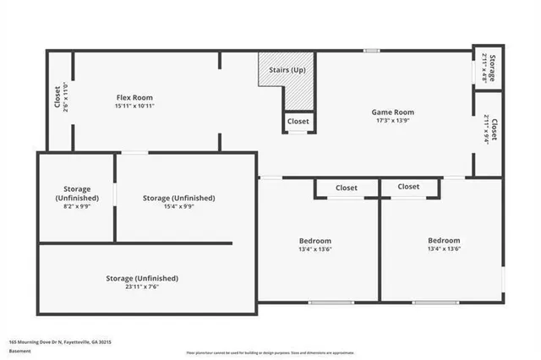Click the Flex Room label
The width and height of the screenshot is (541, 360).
tap(134, 96)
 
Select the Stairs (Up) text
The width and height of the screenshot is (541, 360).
tap(287, 69)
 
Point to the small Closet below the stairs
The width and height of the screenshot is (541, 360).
tap(298, 122)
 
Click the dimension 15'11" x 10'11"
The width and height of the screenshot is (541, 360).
tap(134, 106)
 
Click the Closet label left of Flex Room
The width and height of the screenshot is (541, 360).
tap(57, 100)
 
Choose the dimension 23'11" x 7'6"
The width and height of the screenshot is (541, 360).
tap(141, 287)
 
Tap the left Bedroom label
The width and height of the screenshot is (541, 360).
tap(314, 241)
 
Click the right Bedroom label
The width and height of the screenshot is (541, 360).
tap(444, 241)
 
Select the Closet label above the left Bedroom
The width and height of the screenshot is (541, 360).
tap(347, 188)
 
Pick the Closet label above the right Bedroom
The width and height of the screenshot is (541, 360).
tap(408, 187)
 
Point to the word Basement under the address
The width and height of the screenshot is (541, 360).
tap(19, 350)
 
